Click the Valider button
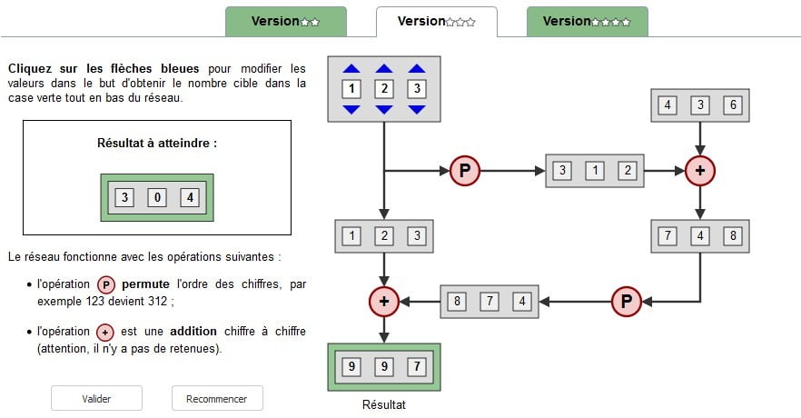(x=96, y=398)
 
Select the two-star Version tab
(x=285, y=21)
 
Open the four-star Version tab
(x=587, y=21)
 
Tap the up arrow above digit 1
(x=351, y=68)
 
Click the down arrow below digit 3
(x=417, y=110)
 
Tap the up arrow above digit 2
(x=384, y=68)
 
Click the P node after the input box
(x=464, y=170)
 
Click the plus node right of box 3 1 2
(x=699, y=170)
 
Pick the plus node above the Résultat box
(x=384, y=302)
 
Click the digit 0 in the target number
(x=156, y=197)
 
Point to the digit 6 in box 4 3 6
(x=732, y=105)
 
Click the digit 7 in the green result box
(x=416, y=366)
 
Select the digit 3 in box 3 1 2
(x=562, y=170)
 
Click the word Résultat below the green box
(x=384, y=405)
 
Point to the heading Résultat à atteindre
(x=157, y=144)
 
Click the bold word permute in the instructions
(x=144, y=284)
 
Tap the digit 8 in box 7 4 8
(x=732, y=236)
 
